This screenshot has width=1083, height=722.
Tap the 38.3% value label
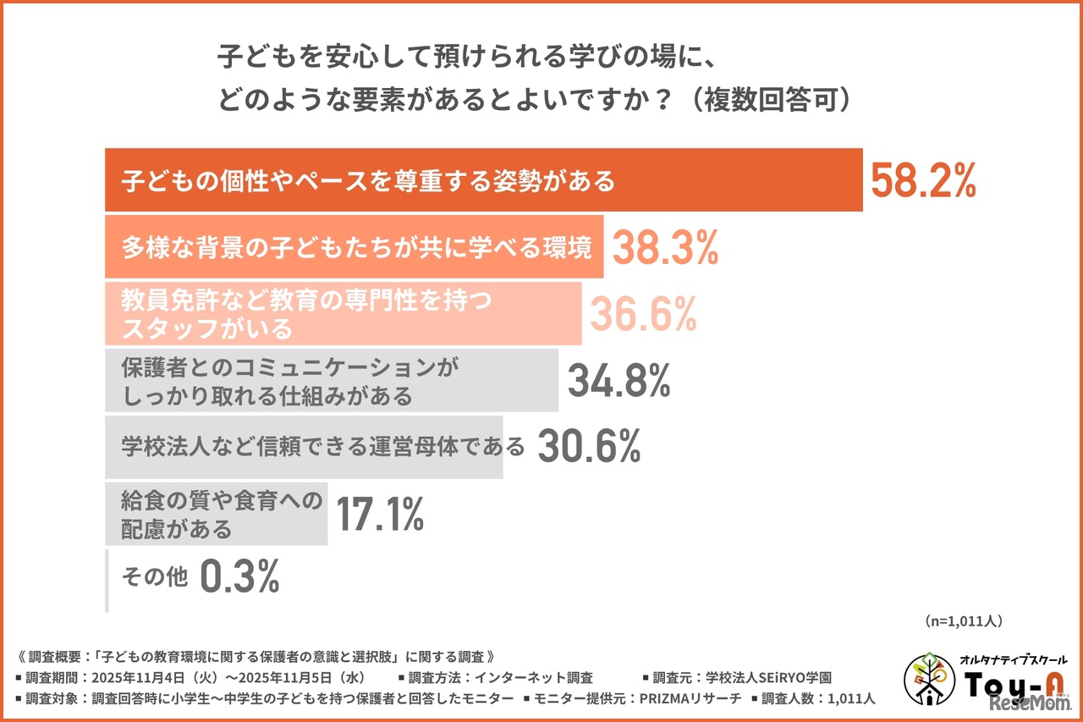click(x=665, y=247)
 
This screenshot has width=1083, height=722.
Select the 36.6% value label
click(x=643, y=314)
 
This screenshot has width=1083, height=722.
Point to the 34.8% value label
click(x=618, y=381)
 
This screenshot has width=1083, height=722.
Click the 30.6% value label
click(x=589, y=448)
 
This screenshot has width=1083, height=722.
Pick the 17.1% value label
click(x=380, y=515)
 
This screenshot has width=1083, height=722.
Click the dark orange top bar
click(x=482, y=180)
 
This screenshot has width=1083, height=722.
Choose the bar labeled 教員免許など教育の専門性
click(x=343, y=314)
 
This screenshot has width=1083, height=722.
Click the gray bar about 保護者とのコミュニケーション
click(x=331, y=381)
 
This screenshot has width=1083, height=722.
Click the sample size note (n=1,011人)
click(x=964, y=621)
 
